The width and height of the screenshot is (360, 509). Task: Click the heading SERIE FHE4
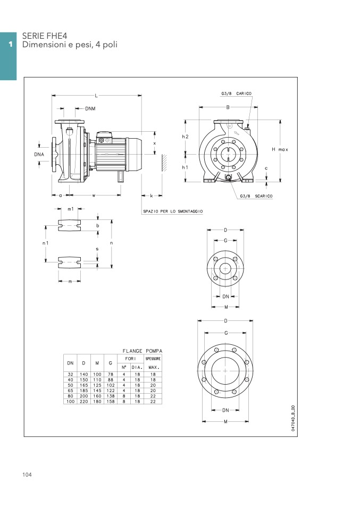(x=45, y=36)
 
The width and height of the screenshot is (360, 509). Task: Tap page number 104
(x=27, y=474)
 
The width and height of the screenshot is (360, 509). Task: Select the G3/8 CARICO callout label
(x=236, y=94)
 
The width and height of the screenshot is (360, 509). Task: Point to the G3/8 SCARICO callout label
(x=256, y=196)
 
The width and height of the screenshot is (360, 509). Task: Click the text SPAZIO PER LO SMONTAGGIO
(x=173, y=211)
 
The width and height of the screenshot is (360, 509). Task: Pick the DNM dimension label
(x=90, y=109)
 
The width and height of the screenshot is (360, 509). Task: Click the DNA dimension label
(x=39, y=155)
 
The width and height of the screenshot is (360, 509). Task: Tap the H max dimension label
(x=280, y=150)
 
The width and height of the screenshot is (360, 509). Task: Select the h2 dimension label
(x=185, y=137)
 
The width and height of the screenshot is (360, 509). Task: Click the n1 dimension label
(x=46, y=243)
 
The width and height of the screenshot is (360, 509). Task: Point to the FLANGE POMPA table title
(x=143, y=351)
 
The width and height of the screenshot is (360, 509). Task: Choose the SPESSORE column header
(x=153, y=359)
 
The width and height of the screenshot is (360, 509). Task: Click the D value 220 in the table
(x=84, y=402)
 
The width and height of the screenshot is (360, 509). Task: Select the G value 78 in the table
(x=111, y=374)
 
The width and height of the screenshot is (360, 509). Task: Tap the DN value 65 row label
(x=71, y=391)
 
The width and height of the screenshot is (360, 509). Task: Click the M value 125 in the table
(x=97, y=385)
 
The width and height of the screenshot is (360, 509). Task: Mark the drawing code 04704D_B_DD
(x=293, y=418)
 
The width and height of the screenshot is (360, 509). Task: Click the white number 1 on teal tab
(x=11, y=44)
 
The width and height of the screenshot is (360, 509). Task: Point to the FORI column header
(x=130, y=359)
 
